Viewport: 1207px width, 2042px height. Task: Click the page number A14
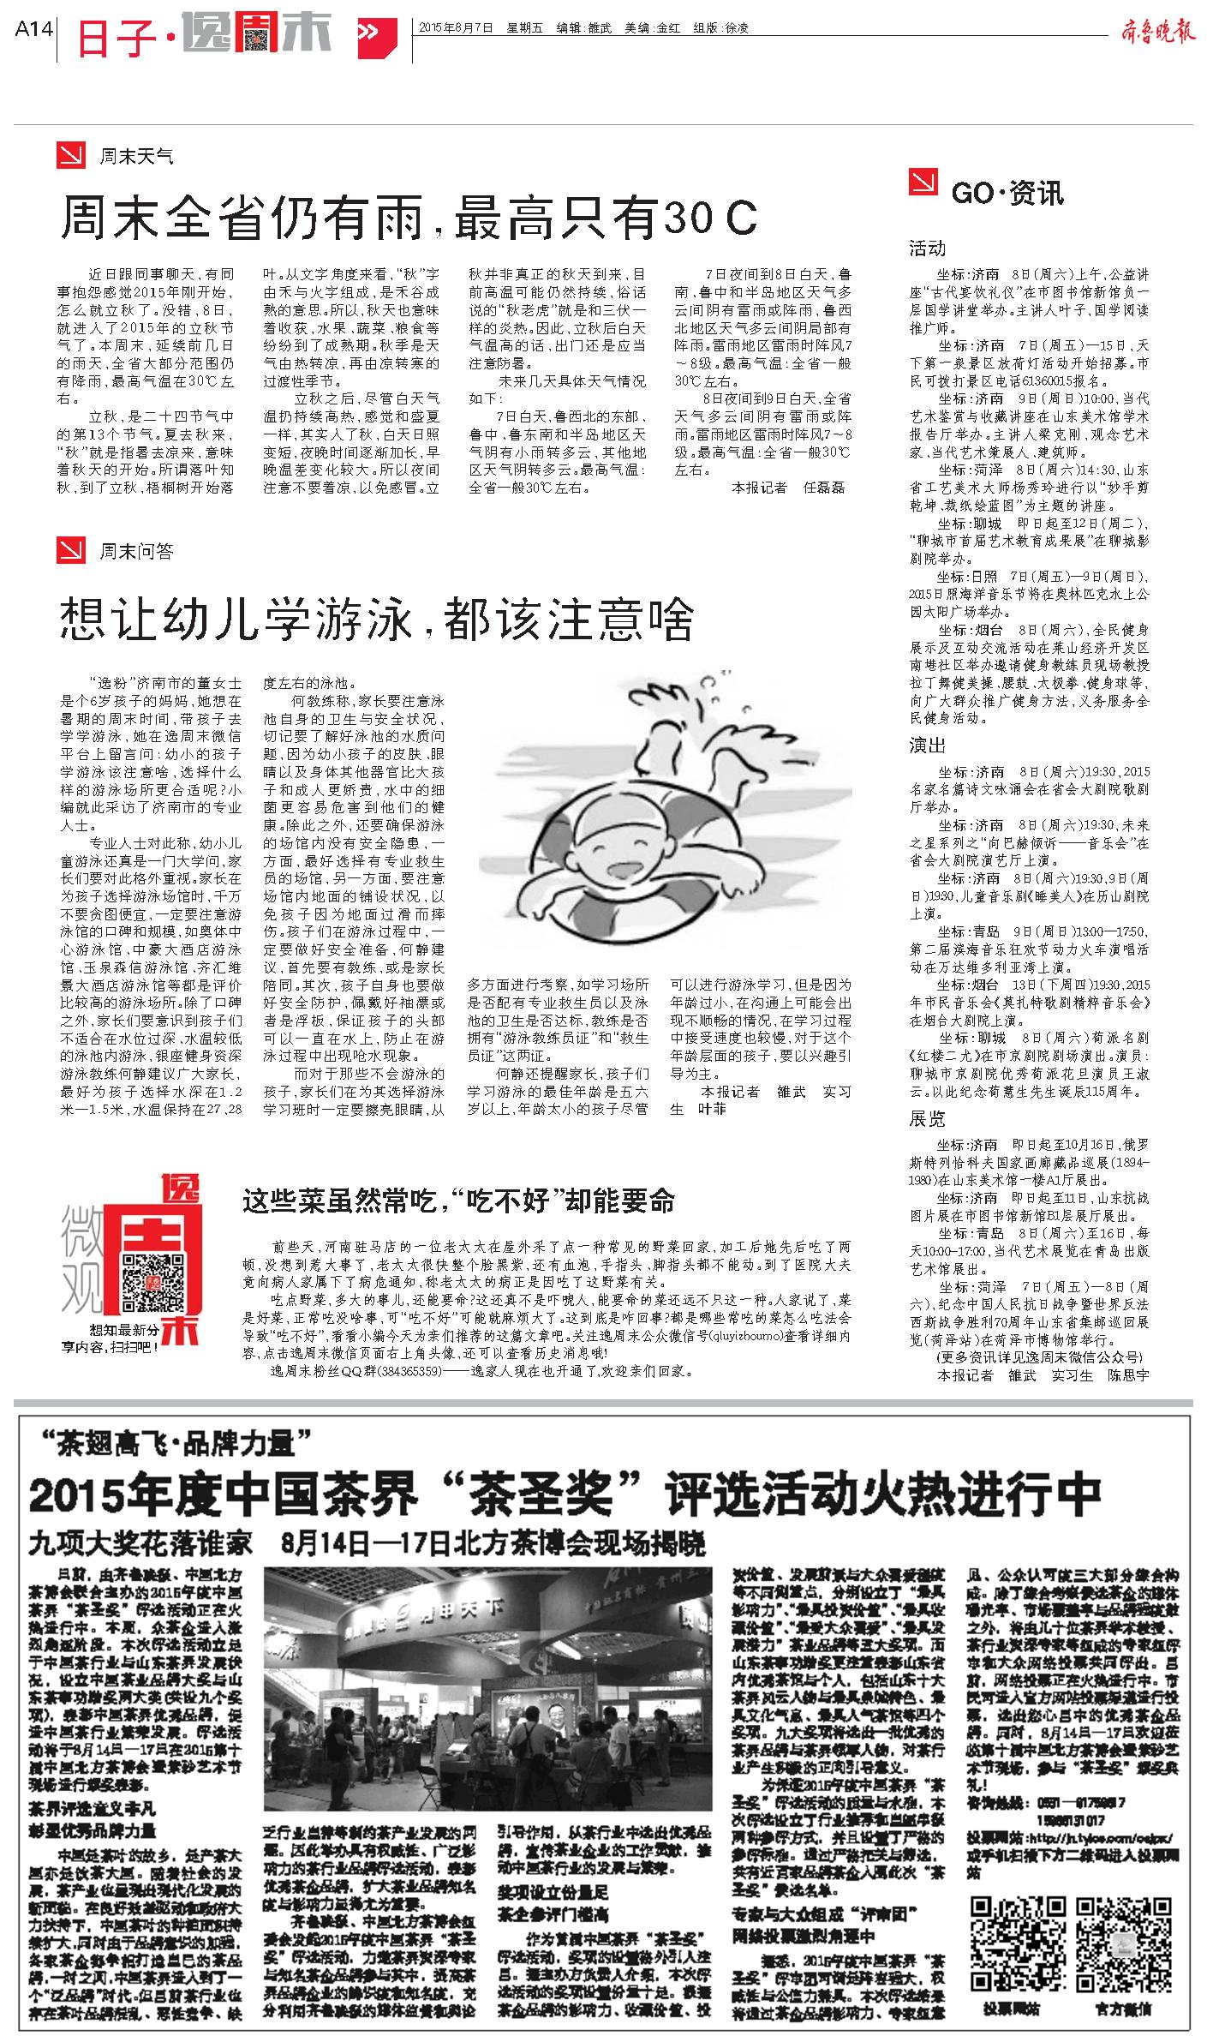pyautogui.click(x=34, y=28)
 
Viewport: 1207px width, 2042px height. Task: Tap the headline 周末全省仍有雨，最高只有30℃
pyautogui.click(x=409, y=218)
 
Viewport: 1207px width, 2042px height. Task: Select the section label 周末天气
pyautogui.click(x=136, y=157)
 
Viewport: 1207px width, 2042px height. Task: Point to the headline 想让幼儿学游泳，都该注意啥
pyautogui.click(x=376, y=619)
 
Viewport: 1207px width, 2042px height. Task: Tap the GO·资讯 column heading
pyautogui.click(x=1007, y=193)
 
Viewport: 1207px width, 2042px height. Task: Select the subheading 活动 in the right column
pyautogui.click(x=927, y=249)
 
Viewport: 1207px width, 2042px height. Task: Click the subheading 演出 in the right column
pyautogui.click(x=927, y=746)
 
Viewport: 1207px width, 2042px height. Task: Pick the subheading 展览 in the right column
pyautogui.click(x=927, y=1118)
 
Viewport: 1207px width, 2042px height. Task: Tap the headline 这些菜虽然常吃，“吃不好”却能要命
pyautogui.click(x=458, y=1201)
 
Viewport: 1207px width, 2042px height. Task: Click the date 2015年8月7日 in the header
pyautogui.click(x=456, y=27)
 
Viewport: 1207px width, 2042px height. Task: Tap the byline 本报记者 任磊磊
pyautogui.click(x=787, y=487)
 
